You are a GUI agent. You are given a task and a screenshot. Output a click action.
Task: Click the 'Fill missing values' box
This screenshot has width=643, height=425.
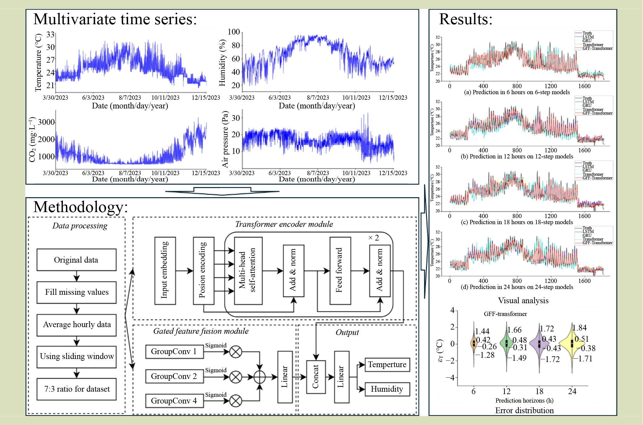coord(77,292)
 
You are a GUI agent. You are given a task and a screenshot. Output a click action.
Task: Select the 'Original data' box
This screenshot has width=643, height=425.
coord(77,260)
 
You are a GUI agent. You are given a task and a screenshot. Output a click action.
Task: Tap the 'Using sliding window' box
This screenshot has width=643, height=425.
coord(77,357)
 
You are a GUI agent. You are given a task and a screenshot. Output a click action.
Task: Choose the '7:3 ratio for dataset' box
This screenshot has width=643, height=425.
coord(77,389)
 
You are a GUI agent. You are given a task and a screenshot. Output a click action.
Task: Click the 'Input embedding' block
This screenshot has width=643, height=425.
coord(165,271)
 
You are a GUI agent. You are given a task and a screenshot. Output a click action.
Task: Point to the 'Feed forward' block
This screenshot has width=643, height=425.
coord(340,271)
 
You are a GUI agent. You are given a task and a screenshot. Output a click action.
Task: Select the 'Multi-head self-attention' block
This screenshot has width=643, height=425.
coord(248,271)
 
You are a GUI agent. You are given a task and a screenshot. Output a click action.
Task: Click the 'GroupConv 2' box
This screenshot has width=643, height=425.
coord(174,376)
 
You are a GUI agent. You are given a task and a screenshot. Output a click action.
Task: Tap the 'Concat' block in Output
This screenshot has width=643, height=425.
coord(316,377)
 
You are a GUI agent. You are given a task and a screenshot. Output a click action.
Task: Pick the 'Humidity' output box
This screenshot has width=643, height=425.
coord(387,389)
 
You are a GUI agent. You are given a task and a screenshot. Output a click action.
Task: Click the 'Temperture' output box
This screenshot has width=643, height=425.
coord(387,364)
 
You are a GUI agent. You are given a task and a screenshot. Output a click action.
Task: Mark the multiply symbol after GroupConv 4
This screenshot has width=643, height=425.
coord(236,401)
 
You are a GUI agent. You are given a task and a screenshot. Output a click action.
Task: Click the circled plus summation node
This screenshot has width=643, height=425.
coord(259,377)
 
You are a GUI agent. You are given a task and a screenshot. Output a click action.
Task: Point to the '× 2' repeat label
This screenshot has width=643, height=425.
coord(373,238)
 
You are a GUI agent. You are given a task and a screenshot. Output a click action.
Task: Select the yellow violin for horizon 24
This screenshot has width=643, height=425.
coord(572,344)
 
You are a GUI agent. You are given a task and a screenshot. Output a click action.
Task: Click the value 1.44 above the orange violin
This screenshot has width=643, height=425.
coord(482,331)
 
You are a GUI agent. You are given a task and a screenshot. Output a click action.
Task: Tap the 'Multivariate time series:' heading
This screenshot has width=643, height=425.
coord(115,19)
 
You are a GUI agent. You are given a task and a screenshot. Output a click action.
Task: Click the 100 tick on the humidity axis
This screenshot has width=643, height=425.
coord(234,32)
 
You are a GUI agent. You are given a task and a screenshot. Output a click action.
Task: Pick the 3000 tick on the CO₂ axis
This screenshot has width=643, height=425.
coord(46,122)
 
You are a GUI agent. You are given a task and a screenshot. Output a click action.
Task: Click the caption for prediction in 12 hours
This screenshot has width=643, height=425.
coord(517,157)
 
